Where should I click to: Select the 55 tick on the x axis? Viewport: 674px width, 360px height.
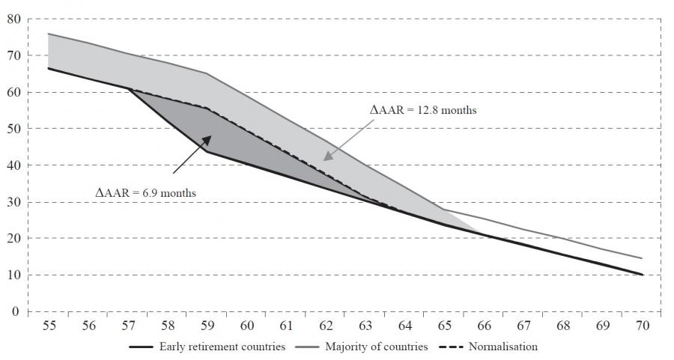tap(48, 326)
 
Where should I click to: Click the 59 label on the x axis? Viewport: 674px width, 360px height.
tap(206, 326)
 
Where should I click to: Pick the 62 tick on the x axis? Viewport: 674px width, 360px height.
tap(325, 326)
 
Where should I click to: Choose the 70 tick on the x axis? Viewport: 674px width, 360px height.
tap(642, 326)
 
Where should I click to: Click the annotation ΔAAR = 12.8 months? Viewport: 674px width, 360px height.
tap(424, 109)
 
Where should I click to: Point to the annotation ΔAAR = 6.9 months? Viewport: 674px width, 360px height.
tap(145, 193)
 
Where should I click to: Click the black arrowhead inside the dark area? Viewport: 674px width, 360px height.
tap(210, 138)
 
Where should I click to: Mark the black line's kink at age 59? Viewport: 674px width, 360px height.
tap(206, 151)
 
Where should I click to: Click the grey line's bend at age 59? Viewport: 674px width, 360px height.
tap(206, 73)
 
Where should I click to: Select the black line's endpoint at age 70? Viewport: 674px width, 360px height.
tap(642, 275)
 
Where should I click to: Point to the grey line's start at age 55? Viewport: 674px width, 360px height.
tap(48, 34)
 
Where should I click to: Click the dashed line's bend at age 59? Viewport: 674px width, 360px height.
tap(206, 108)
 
